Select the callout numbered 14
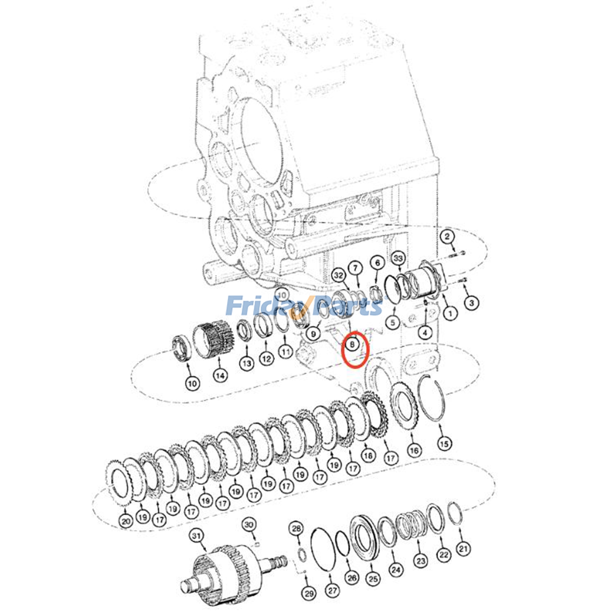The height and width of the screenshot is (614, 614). (x=220, y=375)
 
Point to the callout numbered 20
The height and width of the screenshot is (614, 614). (x=126, y=521)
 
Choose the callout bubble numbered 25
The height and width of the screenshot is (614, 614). (x=373, y=578)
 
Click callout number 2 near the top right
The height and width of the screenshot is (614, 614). (x=447, y=237)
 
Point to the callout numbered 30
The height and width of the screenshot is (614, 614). (x=249, y=524)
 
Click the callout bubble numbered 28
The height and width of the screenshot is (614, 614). (x=296, y=529)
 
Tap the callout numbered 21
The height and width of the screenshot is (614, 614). (x=464, y=549)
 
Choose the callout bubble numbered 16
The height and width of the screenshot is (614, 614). (x=414, y=450)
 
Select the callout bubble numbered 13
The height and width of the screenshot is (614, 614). (x=246, y=363)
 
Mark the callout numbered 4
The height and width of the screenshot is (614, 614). (x=425, y=333)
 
